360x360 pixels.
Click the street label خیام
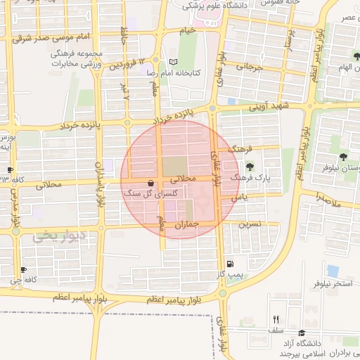coord(187,30)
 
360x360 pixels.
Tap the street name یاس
coord(240,200)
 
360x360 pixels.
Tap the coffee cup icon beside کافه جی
coord(23,270)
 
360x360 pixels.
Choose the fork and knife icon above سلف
coord(276,319)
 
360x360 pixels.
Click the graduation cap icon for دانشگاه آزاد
coord(302,333)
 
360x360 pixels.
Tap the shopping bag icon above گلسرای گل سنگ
coord(151,183)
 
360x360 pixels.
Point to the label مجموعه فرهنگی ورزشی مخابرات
coord(77,58)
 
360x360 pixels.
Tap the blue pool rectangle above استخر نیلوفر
coord(332,270)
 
